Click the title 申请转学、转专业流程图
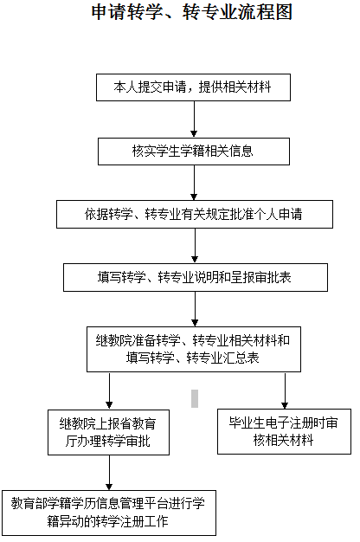tap(192, 12)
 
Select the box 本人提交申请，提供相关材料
tap(193, 87)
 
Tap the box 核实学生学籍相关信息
tap(194, 152)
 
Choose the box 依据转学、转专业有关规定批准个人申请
tap(195, 215)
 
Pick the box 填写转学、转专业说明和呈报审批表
tap(196, 278)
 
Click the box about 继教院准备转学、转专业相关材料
tap(194, 350)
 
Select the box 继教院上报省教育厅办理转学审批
tap(108, 432)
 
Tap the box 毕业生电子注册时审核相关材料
tap(284, 431)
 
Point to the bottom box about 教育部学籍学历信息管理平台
tap(109, 513)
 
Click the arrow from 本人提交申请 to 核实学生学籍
tap(194, 119)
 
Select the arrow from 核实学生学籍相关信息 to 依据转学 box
tap(194, 183)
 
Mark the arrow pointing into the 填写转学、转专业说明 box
tap(195, 246)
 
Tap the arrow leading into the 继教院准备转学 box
tap(195, 309)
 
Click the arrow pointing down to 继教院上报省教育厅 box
tap(109, 391)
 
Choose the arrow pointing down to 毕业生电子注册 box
tap(285, 390)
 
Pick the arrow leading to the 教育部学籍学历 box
tap(109, 473)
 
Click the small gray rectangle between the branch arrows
tap(195, 398)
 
